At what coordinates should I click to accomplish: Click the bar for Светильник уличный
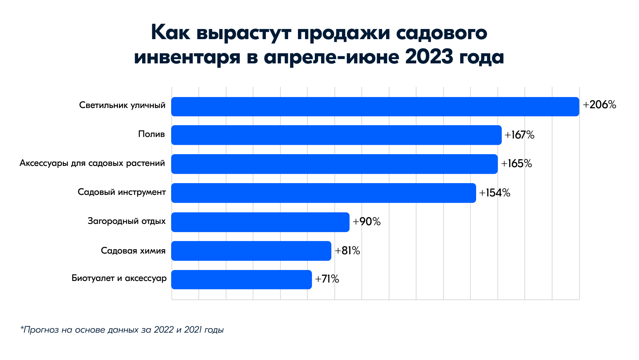(x=375, y=106)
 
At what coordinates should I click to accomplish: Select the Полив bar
(x=336, y=135)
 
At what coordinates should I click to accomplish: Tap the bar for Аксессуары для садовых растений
(x=334, y=164)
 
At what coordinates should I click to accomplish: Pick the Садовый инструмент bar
(x=323, y=193)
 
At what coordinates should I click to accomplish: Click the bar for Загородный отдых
(x=260, y=222)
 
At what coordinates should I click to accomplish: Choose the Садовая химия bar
(x=251, y=251)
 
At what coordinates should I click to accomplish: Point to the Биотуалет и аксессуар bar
(x=242, y=279)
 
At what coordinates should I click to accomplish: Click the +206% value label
(x=599, y=105)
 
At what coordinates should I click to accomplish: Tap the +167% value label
(x=519, y=135)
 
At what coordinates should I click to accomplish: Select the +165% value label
(x=516, y=164)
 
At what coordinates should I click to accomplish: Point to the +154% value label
(x=495, y=193)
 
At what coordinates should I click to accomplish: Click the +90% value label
(x=366, y=222)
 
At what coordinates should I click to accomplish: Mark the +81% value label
(x=347, y=251)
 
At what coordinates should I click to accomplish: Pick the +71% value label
(x=327, y=279)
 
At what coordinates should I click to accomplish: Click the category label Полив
(x=152, y=135)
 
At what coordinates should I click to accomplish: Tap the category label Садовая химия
(x=133, y=251)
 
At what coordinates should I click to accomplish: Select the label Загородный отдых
(x=126, y=221)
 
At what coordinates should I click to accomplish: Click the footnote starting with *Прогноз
(x=122, y=330)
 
